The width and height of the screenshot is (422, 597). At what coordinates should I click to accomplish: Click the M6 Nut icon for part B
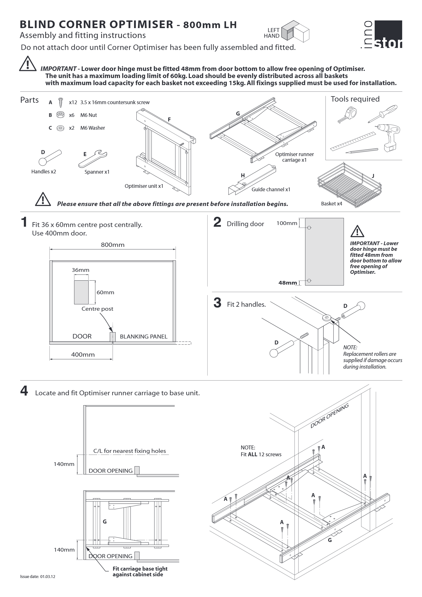[x=60, y=115]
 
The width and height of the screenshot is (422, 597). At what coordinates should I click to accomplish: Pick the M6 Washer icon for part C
[x=60, y=128]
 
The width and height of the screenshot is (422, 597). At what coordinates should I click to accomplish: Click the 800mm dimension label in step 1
[x=113, y=245]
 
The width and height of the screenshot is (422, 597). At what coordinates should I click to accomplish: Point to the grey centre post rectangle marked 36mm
[x=81, y=292]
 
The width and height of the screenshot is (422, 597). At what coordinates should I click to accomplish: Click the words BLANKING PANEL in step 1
[x=144, y=337]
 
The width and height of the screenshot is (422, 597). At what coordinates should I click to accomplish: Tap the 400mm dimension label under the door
[x=83, y=355]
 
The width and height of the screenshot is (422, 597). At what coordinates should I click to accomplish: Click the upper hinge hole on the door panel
[x=309, y=228]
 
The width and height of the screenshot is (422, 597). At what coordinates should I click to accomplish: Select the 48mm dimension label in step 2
[x=288, y=283]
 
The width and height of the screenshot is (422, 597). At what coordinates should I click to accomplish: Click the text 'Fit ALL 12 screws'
[x=261, y=454]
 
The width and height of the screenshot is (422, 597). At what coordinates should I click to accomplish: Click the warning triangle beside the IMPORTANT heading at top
[x=28, y=64]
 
